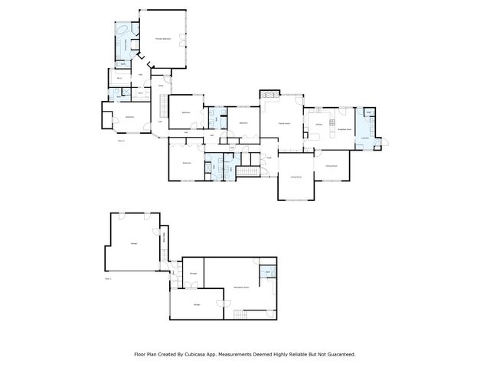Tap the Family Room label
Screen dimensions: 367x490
(283, 122)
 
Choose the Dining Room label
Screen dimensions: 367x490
(332, 165)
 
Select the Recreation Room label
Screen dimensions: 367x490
(243, 287)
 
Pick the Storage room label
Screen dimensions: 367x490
(194, 273)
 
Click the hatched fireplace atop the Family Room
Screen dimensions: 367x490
(270, 96)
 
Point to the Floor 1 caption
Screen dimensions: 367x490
(108, 279)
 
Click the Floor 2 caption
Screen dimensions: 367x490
(121, 141)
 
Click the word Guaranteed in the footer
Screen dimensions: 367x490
(339, 354)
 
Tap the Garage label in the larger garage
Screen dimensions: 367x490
(134, 242)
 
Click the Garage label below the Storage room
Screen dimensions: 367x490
(197, 304)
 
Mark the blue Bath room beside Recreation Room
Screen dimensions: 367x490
(268, 273)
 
